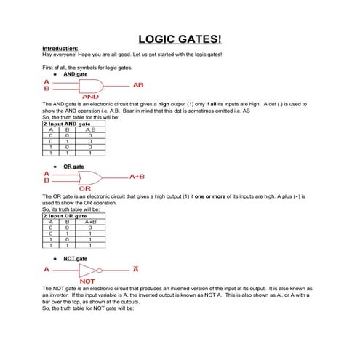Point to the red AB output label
tap(138, 85)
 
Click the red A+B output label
tap(137, 177)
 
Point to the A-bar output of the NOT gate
tap(135, 269)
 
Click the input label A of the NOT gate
tap(47, 270)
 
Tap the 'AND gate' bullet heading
tap(76, 74)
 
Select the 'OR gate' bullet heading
tap(74, 167)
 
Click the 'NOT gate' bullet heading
tap(76, 258)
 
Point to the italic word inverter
tap(55, 295)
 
